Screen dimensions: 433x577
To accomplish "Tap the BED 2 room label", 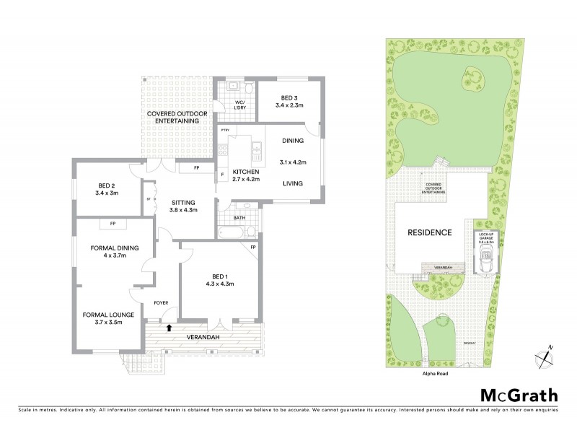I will [x=105, y=189].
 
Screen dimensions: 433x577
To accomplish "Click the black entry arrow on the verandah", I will [x=169, y=327].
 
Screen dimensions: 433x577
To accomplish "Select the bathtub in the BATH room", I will [x=230, y=232].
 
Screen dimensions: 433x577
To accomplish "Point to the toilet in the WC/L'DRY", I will [x=247, y=89].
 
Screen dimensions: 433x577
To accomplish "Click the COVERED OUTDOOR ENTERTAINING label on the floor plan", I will [x=173, y=118].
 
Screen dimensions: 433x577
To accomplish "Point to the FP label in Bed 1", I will [x=253, y=248].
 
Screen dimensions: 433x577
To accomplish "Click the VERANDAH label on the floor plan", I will [x=205, y=337].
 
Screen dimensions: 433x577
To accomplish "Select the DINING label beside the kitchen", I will [x=293, y=141].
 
